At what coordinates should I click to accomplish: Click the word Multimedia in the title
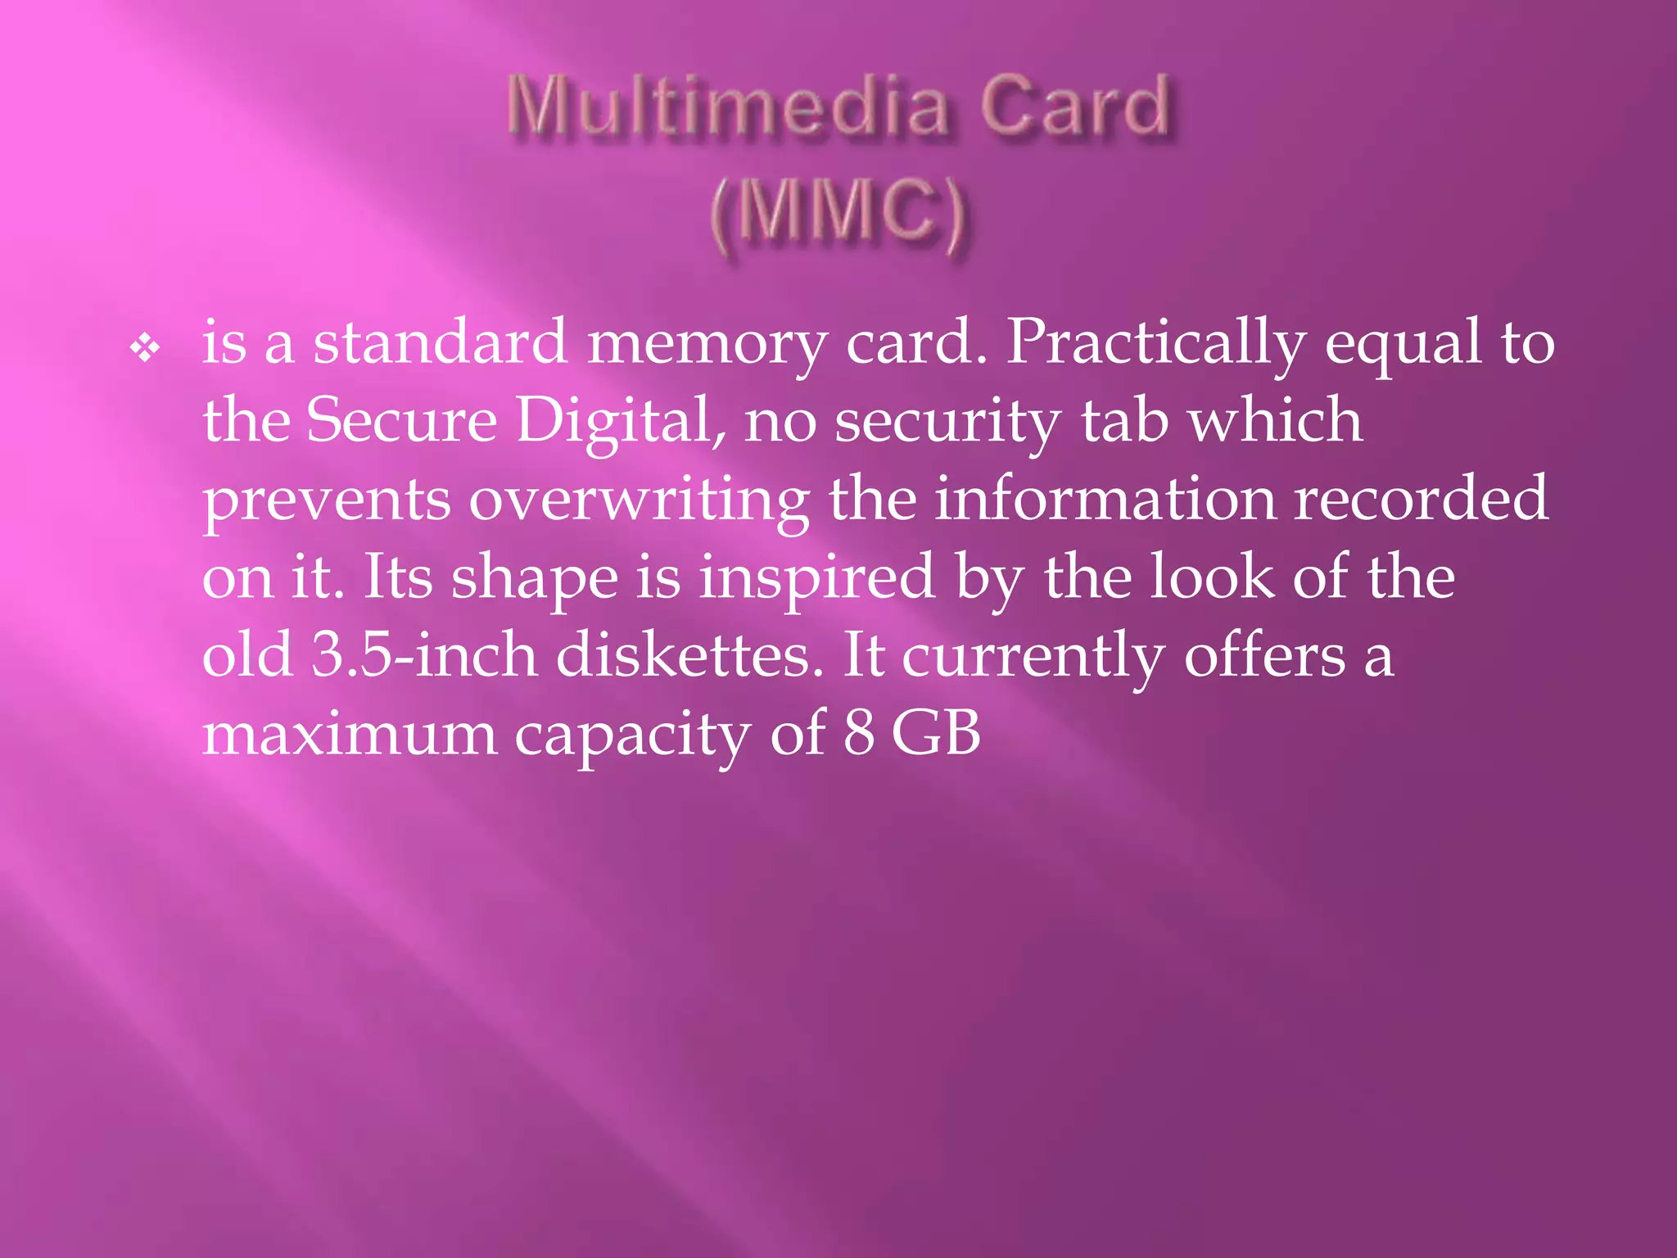pyautogui.click(x=727, y=106)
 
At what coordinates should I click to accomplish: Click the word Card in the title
pyautogui.click(x=1074, y=106)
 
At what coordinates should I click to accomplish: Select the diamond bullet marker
pyautogui.click(x=145, y=349)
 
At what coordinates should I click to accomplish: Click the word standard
pyautogui.click(x=440, y=342)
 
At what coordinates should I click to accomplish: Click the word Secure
pyautogui.click(x=401, y=420)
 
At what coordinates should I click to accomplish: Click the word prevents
pyautogui.click(x=326, y=500)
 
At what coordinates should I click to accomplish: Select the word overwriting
pyautogui.click(x=639, y=500)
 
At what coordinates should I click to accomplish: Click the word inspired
pyautogui.click(x=816, y=578)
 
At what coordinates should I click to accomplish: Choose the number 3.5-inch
pyautogui.click(x=423, y=655)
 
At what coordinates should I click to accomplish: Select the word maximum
pyautogui.click(x=350, y=734)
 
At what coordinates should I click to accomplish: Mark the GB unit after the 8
pyautogui.click(x=935, y=732)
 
